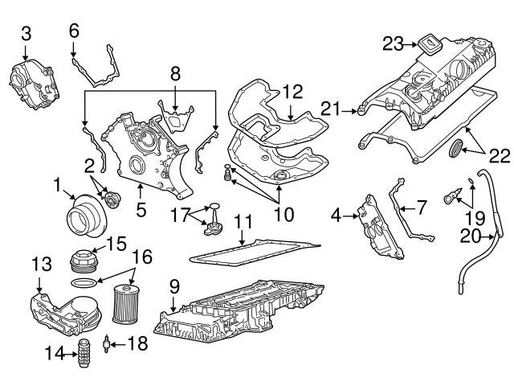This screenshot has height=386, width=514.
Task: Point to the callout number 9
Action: pos(174,285)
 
